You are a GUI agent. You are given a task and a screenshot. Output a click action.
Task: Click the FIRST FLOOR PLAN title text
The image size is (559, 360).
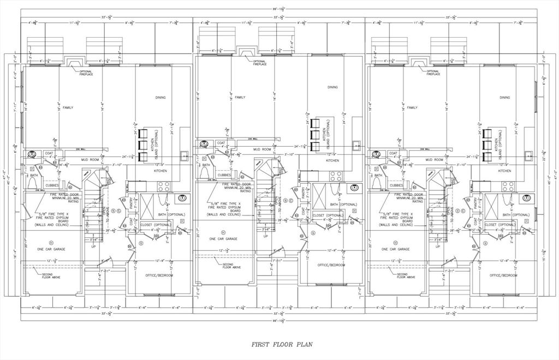click(279, 345)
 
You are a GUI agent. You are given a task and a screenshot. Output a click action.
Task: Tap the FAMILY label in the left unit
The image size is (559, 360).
click(68, 107)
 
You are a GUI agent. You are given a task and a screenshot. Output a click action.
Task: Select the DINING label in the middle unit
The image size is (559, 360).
click(332, 87)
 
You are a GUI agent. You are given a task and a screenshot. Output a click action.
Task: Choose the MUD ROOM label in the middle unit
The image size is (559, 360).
click(262, 149)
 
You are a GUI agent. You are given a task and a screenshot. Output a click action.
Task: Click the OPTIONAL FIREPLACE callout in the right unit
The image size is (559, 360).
click(433, 73)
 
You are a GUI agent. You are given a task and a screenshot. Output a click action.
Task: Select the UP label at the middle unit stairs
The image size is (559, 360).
click(266, 236)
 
